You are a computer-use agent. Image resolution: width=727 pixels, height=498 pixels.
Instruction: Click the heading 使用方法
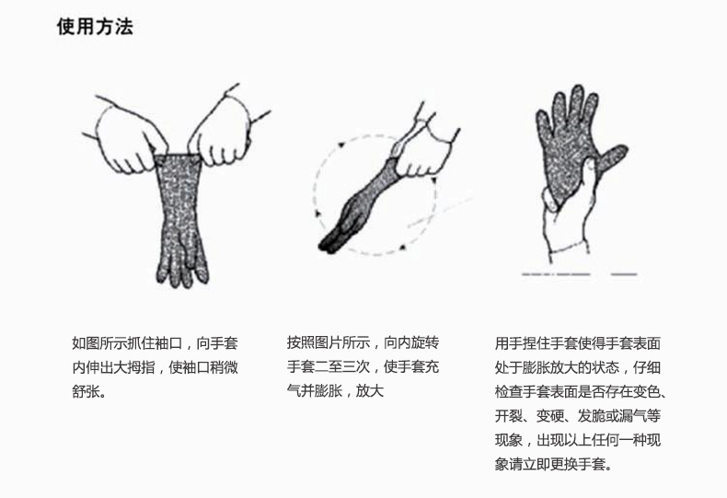coord(95,27)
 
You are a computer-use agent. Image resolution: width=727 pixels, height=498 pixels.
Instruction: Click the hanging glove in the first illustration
coord(180,218)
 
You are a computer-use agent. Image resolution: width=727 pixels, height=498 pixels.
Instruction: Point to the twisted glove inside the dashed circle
coord(357,206)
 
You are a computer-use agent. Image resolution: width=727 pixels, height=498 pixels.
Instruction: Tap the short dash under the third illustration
coord(624,274)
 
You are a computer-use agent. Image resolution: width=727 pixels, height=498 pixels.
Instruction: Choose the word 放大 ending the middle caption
coord(370,391)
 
